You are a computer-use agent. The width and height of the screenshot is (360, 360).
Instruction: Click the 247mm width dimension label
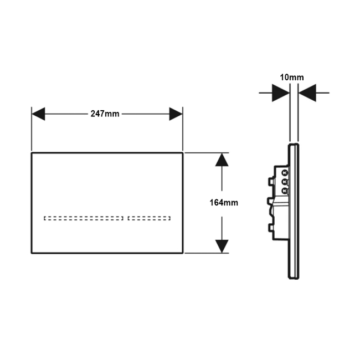coord(105,114)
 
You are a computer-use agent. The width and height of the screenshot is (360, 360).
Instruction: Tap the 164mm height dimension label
coord(224,203)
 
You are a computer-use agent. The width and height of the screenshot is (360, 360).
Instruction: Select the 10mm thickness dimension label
coord(291,78)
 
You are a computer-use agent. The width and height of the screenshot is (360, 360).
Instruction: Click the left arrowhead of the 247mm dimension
coord(38,114)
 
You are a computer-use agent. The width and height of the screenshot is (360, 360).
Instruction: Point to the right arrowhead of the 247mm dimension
coord(176,114)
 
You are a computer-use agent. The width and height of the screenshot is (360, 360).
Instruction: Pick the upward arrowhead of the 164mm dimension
coord(222,160)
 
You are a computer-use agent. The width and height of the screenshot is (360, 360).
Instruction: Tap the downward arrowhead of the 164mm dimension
coord(222,246)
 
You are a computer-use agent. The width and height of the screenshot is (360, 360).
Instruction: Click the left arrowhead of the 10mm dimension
coord(281,93)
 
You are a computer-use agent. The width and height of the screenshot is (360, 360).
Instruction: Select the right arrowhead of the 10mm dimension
coord(307,93)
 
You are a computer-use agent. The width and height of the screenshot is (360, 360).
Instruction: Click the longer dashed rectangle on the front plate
coord(84,218)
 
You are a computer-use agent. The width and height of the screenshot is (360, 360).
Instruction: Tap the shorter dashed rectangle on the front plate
coord(149,218)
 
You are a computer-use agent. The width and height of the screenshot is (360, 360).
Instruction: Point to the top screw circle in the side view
coord(285,173)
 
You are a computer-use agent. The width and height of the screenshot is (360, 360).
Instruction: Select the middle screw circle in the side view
coord(285,182)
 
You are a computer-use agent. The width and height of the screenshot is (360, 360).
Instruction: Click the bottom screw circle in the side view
coord(285,191)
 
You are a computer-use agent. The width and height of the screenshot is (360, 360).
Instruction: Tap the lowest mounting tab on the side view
coord(271,228)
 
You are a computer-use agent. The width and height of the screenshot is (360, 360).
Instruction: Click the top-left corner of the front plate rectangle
coord(32,153)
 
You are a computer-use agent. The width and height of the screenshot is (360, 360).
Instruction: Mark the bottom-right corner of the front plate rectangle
coord(183,253)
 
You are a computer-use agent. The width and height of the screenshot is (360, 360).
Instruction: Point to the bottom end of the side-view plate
coord(294,279)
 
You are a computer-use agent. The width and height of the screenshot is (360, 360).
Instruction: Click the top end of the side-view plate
coord(294,144)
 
